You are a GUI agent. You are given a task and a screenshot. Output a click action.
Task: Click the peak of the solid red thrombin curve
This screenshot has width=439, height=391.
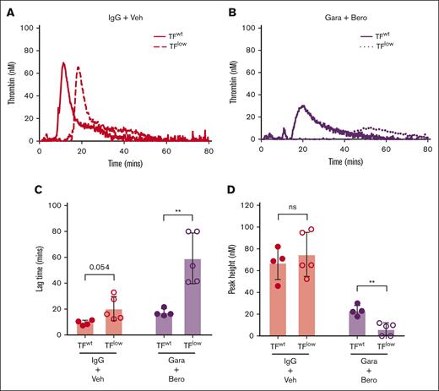tap(63, 62)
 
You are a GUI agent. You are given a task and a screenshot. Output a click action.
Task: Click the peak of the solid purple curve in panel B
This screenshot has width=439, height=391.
tap(302, 106)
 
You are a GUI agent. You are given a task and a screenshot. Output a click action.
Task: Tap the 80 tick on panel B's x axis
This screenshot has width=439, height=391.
tap(427, 149)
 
